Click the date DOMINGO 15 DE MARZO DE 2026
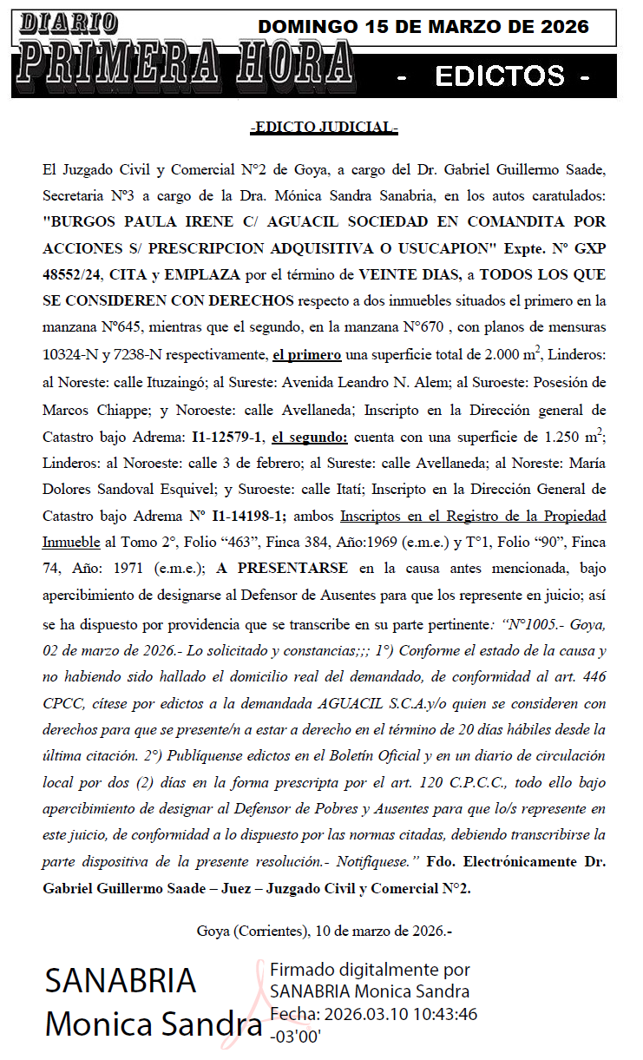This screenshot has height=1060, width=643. (x=423, y=27)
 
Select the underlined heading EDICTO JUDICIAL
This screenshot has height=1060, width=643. (x=324, y=128)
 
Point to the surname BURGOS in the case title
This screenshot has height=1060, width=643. (x=79, y=221)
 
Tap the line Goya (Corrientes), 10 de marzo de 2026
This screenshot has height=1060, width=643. (x=325, y=932)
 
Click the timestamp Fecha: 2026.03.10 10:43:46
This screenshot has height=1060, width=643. (x=373, y=1013)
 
